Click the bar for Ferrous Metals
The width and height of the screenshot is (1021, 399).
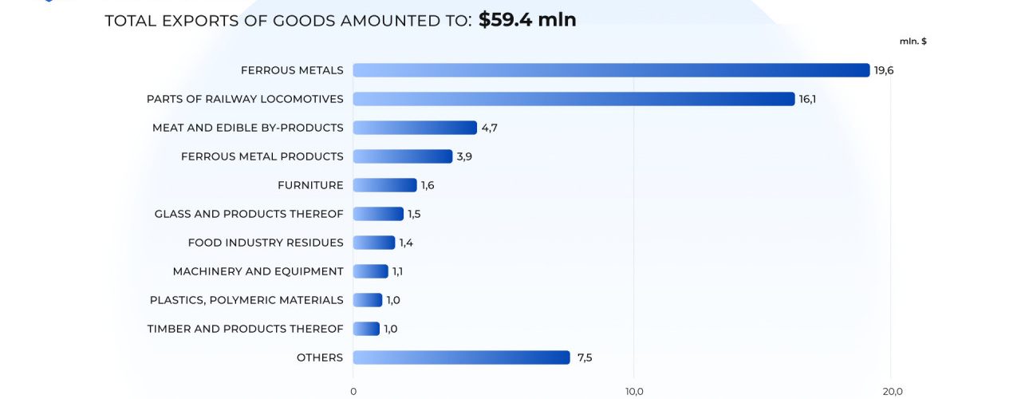611,70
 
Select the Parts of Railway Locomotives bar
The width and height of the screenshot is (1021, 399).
574,99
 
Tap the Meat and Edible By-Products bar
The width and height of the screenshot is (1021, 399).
415,128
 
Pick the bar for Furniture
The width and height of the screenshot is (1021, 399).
384,185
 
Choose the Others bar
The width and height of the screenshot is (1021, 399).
461,358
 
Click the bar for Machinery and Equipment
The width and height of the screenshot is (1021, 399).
370,271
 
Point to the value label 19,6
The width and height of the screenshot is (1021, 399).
884,70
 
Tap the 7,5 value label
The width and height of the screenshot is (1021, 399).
585,358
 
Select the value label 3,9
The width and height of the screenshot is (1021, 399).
464,156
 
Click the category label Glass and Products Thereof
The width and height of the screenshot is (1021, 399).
249,214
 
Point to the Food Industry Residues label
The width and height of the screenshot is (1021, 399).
266,243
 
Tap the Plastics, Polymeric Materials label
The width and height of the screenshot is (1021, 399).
246,300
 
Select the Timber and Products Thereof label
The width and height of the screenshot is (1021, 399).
245,329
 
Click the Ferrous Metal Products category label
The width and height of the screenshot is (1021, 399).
262,156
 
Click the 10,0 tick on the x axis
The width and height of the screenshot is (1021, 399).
634,391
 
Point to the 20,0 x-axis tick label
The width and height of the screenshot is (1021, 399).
893,391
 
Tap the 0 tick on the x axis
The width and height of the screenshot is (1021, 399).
353,391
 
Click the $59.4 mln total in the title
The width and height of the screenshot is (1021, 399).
527,20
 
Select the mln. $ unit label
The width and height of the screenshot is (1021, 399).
913,41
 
